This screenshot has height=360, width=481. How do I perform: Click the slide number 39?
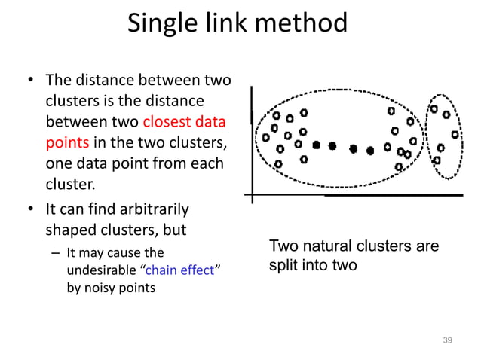447,342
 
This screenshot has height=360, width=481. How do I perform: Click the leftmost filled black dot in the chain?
317,145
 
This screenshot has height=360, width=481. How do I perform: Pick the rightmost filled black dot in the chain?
370,151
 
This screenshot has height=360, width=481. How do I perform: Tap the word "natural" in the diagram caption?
329,246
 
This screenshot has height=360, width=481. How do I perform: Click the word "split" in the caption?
283,266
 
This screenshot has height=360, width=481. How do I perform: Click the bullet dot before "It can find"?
31,209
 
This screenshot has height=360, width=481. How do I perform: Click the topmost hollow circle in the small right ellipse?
434,109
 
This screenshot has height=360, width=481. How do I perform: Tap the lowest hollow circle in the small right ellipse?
437,160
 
